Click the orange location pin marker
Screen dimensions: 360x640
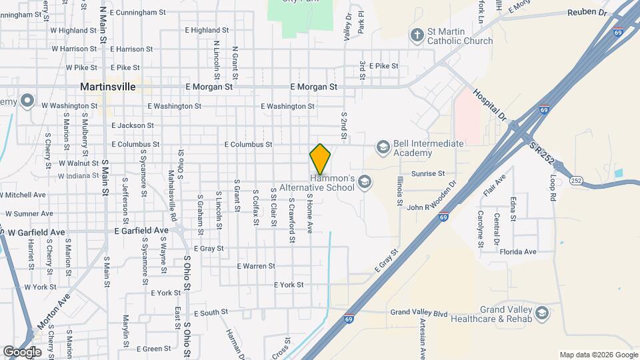coord(320,159)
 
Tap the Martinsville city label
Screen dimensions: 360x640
coord(107,87)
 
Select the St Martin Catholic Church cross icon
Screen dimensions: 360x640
coord(417,35)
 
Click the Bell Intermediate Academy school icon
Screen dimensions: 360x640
coord(383,147)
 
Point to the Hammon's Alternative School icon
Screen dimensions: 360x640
coord(365,181)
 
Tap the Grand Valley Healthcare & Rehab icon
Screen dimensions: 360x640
coord(541,313)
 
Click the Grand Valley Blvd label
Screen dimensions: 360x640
coord(419,312)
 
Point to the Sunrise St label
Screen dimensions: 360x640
coord(428,173)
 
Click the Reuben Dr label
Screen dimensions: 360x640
coord(587,13)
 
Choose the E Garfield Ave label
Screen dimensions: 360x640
coord(141,231)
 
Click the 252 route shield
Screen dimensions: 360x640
coord(576,180)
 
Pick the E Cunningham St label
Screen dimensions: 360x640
coord(137,12)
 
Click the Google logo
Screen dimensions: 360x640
coord(23,351)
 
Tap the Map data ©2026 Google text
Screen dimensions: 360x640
coord(598,355)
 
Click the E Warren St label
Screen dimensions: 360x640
coord(256,266)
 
